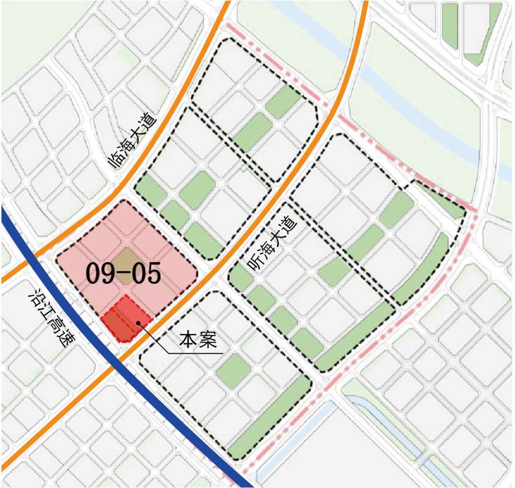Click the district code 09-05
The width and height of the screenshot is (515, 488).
pyautogui.click(x=124, y=274)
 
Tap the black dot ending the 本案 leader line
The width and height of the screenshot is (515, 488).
pyautogui.click(x=138, y=322)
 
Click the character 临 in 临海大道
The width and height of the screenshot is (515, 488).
pyautogui.click(x=115, y=161)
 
